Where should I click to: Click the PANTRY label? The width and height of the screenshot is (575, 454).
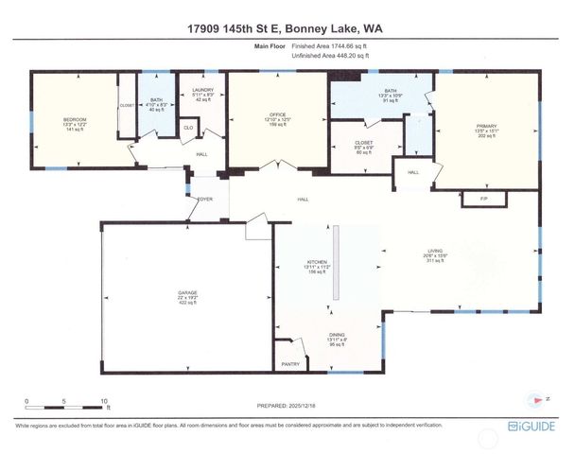[x=290, y=363]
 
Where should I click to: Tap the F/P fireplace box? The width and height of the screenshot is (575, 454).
[x=483, y=201]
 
